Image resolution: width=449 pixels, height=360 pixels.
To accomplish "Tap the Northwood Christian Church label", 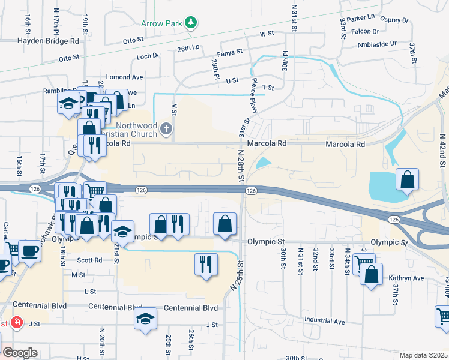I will pyautogui.click(x=137, y=130).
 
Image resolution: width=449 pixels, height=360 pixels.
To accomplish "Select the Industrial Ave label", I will pyautogui.click(x=324, y=321).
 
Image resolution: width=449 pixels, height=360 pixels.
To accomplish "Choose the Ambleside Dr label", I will pyautogui.click(x=394, y=44).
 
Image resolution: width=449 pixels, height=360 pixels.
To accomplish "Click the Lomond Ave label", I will pyautogui.click(x=124, y=77).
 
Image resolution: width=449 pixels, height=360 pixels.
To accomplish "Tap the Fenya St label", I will pyautogui.click(x=231, y=52).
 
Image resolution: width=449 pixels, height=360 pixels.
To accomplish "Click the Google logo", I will pyautogui.click(x=20, y=353).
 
